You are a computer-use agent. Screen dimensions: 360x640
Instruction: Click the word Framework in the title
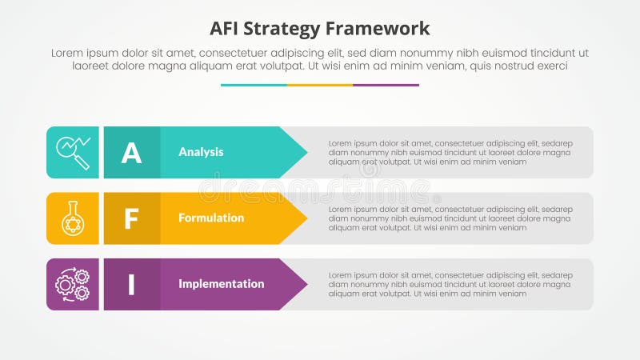(379, 29)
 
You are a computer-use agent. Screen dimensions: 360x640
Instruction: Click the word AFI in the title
(226, 29)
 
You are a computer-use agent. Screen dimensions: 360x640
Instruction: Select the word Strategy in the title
(286, 29)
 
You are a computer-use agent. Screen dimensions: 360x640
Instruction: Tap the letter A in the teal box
(131, 152)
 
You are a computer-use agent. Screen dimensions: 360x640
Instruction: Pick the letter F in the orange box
(131, 218)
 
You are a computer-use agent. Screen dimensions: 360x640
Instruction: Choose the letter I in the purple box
(131, 284)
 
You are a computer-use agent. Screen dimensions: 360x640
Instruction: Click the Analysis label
(201, 152)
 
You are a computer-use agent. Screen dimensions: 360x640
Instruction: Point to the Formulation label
(211, 218)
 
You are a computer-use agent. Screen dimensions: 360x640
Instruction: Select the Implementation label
(221, 284)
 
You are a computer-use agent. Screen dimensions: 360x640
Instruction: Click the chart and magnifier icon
(73, 152)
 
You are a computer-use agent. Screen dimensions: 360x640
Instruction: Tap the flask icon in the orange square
(73, 218)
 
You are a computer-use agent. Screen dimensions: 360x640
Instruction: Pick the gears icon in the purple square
(73, 284)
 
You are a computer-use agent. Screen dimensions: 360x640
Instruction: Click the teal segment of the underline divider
(254, 85)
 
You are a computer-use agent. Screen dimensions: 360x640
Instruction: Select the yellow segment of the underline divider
(320, 85)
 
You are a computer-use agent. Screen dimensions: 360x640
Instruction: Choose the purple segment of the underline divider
(386, 85)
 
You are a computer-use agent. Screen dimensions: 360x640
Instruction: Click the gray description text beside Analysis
(450, 152)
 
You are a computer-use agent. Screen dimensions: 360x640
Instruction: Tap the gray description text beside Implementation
(450, 284)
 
